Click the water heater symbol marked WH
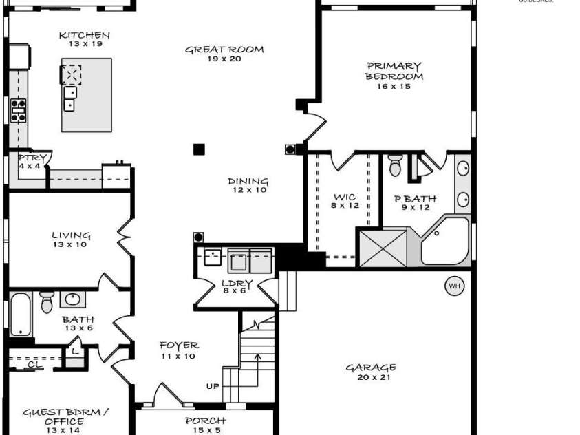[453, 286]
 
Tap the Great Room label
[215, 54]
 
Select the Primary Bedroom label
[394, 76]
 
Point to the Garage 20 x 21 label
[371, 372]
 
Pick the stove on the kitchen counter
[19, 110]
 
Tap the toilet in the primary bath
[395, 166]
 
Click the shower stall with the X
[382, 247]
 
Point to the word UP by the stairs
[213, 387]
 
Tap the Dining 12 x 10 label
[248, 186]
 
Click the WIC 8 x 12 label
[344, 201]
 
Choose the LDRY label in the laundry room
[237, 286]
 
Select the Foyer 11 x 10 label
[179, 350]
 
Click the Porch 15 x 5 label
[205, 425]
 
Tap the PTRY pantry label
[32, 162]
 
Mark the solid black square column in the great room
[199, 149]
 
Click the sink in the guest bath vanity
[73, 299]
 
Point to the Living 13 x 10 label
[71, 240]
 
